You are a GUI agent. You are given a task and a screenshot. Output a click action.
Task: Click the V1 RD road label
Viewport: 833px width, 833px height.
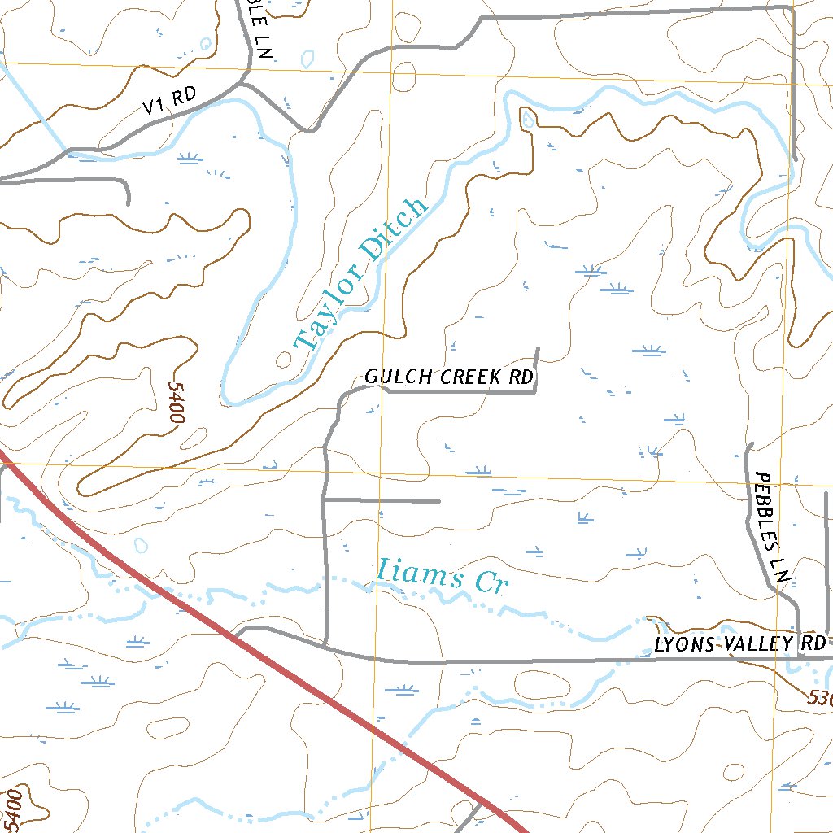[x=170, y=100]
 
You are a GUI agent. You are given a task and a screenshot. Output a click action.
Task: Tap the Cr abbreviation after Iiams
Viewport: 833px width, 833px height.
[x=491, y=583]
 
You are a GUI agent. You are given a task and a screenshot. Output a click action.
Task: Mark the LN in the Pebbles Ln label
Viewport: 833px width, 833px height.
[x=783, y=575]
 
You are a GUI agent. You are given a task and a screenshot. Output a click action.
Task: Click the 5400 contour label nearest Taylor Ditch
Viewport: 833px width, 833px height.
[x=173, y=402]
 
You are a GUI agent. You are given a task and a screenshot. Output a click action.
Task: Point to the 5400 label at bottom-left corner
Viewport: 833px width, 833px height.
[x=13, y=807]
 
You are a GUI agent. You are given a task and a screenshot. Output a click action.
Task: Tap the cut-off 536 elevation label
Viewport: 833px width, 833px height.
[x=820, y=698]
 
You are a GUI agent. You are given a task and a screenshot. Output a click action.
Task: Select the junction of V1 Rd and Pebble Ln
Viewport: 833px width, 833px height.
[x=244, y=83]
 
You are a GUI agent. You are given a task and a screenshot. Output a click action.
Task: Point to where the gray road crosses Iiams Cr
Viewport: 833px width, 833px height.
[x=325, y=582]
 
